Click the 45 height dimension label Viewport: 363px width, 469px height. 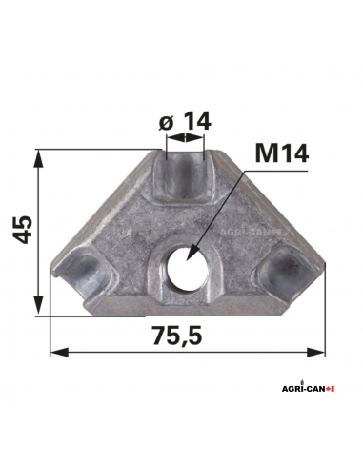pos(23,230)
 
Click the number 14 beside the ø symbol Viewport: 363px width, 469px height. pos(196,122)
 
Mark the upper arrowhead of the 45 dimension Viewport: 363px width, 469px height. pos(37,155)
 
